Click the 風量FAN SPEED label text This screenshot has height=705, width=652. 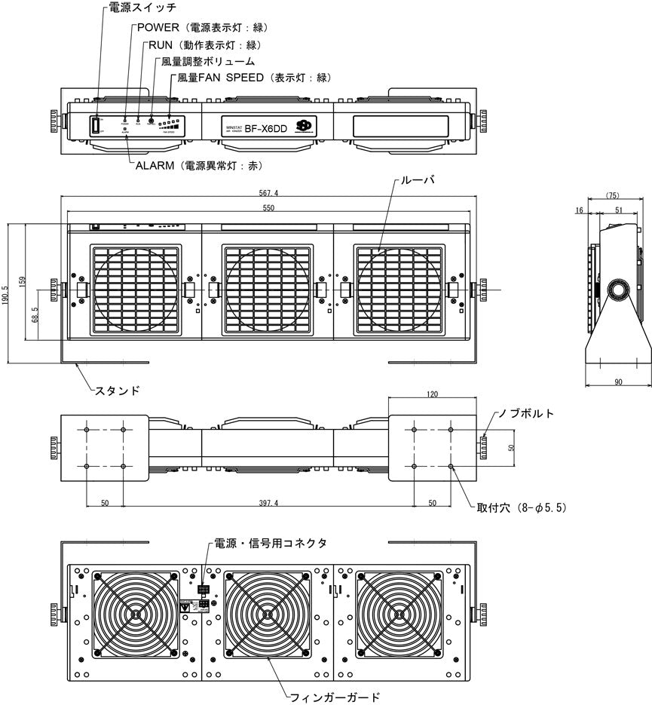221,78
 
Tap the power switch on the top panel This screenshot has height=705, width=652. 96,126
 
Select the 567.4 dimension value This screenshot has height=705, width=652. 267,193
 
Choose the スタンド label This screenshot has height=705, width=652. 117,391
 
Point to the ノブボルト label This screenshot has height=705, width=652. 525,414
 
